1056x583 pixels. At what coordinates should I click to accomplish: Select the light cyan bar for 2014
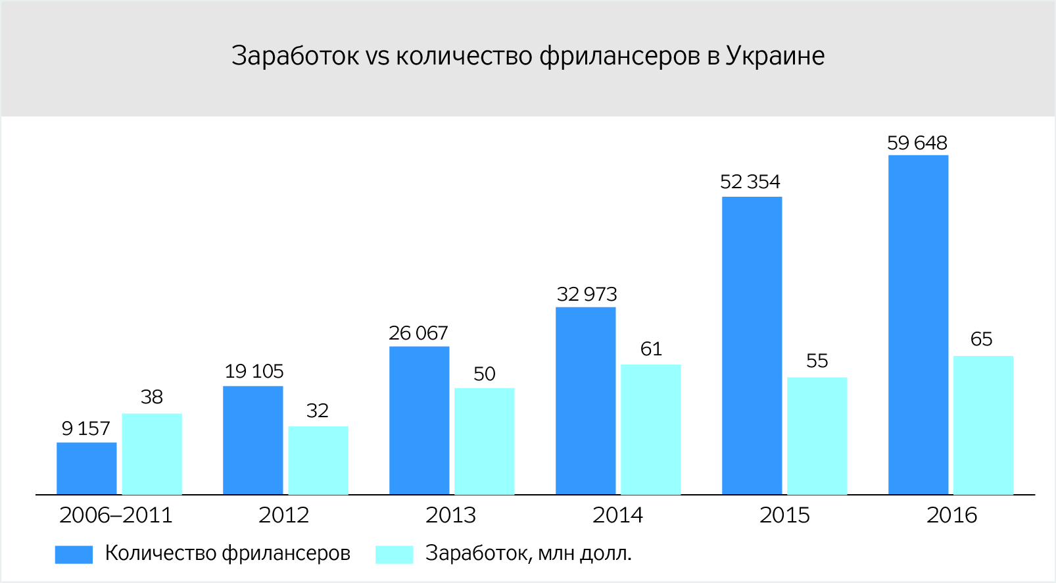tap(650, 429)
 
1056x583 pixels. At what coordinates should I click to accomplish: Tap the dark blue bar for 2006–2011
tap(86, 468)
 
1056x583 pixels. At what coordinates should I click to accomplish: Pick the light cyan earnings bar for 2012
tap(318, 460)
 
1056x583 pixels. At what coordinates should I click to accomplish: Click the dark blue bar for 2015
tap(752, 345)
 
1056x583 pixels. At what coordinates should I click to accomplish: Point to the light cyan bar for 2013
tap(484, 441)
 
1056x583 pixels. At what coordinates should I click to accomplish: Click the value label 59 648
tap(917, 143)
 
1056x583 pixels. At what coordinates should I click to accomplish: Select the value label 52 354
tap(750, 182)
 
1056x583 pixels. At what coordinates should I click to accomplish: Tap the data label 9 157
tap(85, 428)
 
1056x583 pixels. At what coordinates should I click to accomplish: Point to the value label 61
tap(651, 349)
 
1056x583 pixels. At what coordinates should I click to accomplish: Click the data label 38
tap(151, 397)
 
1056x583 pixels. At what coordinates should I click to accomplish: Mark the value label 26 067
tap(418, 333)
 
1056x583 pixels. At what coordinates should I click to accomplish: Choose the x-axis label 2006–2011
tap(116, 515)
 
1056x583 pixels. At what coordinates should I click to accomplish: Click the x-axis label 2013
tap(450, 515)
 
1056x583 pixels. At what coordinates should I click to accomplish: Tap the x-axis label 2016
tap(951, 515)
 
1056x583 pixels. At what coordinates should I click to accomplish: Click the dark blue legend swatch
tap(74, 554)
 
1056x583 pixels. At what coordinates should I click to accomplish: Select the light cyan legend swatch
tap(394, 554)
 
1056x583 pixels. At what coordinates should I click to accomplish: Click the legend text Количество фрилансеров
tap(228, 553)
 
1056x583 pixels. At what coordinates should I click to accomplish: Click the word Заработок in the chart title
tap(295, 56)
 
